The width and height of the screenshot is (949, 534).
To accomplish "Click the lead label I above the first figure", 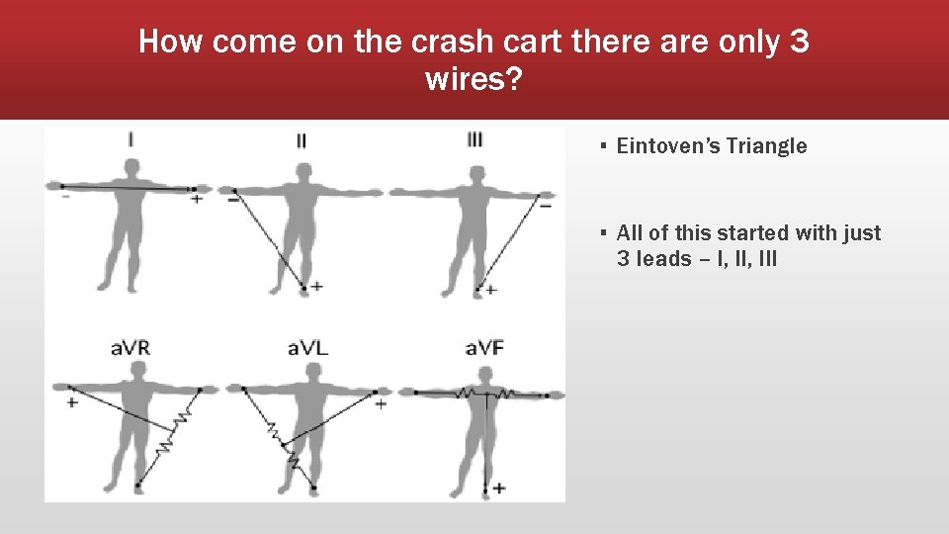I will (x=129, y=139).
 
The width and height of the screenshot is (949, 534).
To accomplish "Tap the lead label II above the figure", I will (x=302, y=140).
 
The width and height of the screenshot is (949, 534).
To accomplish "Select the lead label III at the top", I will (x=474, y=138).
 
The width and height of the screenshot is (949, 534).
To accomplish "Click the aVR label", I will (x=129, y=348).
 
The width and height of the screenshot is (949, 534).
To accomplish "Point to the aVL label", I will (x=307, y=348).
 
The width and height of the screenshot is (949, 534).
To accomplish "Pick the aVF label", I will (x=484, y=348).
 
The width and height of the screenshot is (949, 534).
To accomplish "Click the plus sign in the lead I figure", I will (x=197, y=200).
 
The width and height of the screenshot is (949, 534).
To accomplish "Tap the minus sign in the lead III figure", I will (x=544, y=206).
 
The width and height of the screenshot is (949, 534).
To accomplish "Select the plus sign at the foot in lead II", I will (x=316, y=287).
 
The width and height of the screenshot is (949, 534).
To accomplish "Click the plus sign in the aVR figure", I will (x=72, y=403).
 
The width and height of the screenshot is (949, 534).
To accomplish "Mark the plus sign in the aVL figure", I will (x=381, y=403).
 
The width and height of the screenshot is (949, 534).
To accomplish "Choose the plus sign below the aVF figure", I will (x=499, y=488).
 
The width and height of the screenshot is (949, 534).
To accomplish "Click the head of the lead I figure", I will (x=129, y=165).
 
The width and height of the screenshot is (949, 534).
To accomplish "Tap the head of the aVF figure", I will (x=484, y=375).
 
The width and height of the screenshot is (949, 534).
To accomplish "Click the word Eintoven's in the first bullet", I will (x=668, y=146).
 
